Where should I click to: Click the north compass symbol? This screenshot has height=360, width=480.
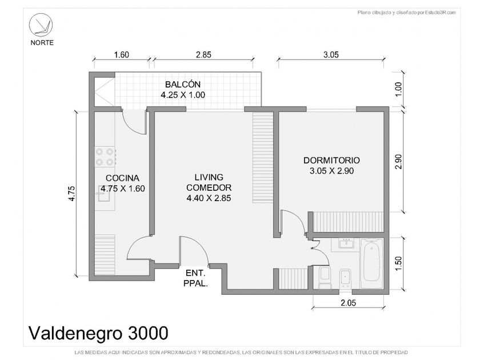pyautogui.click(x=41, y=25)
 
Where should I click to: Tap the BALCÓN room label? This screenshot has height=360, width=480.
pyautogui.click(x=183, y=84)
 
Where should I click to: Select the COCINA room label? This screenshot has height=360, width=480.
pyautogui.click(x=122, y=178)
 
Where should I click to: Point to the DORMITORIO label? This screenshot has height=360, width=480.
pyautogui.click(x=331, y=160)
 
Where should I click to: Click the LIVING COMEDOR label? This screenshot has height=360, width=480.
pyautogui.click(x=209, y=182)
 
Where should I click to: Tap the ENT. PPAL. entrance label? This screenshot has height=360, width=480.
pyautogui.click(x=195, y=278)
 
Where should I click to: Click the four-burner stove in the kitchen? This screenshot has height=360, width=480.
pyautogui.click(x=105, y=157)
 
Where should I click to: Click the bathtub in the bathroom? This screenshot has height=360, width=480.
pyautogui.click(x=371, y=263)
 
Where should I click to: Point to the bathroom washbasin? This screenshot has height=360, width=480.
pyautogui.click(x=346, y=243)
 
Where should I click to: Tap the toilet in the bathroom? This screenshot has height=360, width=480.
pyautogui.click(x=325, y=277)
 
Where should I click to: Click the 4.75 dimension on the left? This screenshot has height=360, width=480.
pyautogui.click(x=71, y=194)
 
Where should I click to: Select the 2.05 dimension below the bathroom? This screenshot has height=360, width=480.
pyautogui.click(x=349, y=303)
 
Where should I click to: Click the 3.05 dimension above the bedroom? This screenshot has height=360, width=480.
pyautogui.click(x=331, y=55)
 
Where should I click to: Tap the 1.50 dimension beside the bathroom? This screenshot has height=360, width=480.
pyautogui.click(x=398, y=263)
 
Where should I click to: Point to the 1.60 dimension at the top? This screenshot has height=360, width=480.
pyautogui.click(x=122, y=55)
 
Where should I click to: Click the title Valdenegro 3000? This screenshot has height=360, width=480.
pyautogui.click(x=98, y=333)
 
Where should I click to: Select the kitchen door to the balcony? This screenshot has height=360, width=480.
pyautogui.click(x=134, y=122)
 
